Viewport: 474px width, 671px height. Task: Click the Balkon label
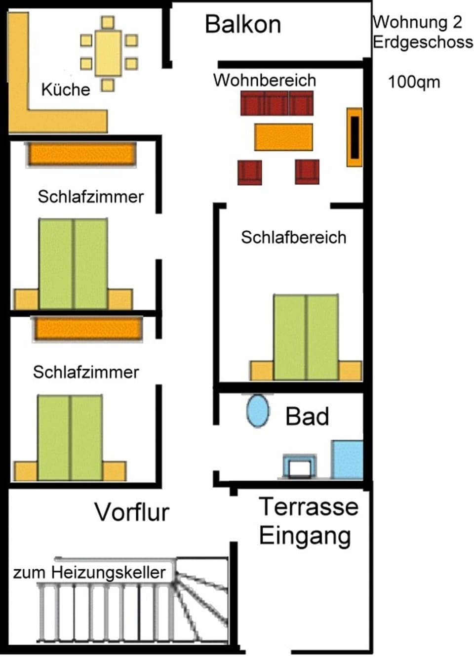coord(243,24)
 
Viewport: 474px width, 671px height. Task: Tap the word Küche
coord(66,89)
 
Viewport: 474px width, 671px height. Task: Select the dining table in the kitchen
coord(108,53)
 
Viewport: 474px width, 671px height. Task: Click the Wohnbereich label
coord(265,80)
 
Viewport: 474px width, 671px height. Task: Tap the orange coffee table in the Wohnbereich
coord(283,137)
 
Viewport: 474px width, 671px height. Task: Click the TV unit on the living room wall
coord(355,137)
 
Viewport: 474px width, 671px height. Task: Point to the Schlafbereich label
coord(293,237)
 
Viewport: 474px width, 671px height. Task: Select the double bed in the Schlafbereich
coord(306,337)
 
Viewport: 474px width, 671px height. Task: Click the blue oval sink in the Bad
coord(258,411)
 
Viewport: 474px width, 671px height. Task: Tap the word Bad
coord(307,417)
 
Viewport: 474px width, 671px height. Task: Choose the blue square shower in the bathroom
coord(347,460)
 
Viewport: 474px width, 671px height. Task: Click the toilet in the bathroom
coord(300,466)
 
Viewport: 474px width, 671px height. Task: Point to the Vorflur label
coord(132,512)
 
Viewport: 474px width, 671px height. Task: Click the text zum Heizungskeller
coord(89,572)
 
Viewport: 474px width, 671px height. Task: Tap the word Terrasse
coord(309,506)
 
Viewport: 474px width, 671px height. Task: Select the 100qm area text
coord(414,82)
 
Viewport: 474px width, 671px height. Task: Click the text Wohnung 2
coord(418,22)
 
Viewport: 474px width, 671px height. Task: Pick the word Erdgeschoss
coord(423,42)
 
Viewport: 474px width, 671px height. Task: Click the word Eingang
coord(305,536)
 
